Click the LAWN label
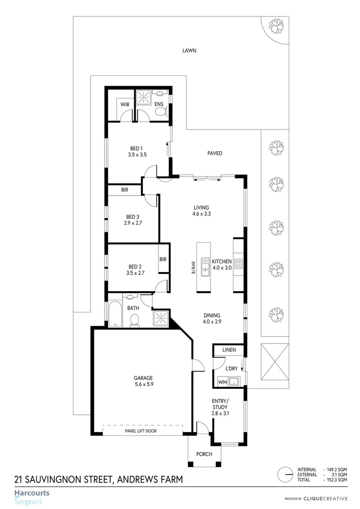pos(189,50)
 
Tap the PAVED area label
pos(214,153)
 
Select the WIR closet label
pos(125,104)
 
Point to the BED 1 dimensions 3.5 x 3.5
pos(138,155)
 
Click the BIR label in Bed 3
pos(125,190)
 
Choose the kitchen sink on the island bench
pos(205,266)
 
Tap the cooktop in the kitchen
pos(238,264)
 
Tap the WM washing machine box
pos(222,382)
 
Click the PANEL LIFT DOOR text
pos(140,431)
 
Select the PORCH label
pos(205,454)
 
